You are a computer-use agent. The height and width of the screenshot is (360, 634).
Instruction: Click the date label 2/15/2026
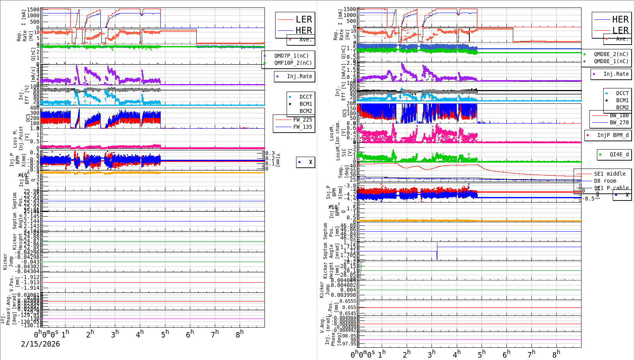40,344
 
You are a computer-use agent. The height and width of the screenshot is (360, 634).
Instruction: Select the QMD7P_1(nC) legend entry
291,56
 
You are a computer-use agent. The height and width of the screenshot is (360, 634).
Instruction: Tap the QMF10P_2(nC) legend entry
293,63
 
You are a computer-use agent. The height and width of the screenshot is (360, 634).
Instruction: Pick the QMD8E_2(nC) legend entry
611,54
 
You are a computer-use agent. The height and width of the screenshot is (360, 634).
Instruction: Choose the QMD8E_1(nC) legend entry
611,61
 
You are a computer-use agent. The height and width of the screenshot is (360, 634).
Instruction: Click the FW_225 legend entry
302,120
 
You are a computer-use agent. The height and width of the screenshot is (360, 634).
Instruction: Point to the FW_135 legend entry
302,127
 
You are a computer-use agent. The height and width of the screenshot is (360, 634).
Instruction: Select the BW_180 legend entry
619,115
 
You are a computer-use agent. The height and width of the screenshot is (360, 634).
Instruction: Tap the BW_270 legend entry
619,122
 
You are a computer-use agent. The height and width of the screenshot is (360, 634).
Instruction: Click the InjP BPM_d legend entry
613,135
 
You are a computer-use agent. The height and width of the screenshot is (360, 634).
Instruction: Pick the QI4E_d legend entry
619,154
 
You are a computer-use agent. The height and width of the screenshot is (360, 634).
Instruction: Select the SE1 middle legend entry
610,174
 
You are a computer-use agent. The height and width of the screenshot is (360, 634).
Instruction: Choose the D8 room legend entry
608,181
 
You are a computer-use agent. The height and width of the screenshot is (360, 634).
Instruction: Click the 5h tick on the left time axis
165,334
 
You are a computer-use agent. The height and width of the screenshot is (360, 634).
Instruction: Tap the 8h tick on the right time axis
556,354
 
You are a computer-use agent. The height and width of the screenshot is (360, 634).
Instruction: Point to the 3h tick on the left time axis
115,334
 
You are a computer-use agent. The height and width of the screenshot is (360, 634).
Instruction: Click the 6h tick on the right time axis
506,354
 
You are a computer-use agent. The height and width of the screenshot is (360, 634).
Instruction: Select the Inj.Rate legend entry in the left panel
299,76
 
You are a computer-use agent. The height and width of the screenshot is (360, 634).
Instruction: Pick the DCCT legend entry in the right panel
622,93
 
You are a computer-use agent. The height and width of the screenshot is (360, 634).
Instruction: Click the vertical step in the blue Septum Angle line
437,251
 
